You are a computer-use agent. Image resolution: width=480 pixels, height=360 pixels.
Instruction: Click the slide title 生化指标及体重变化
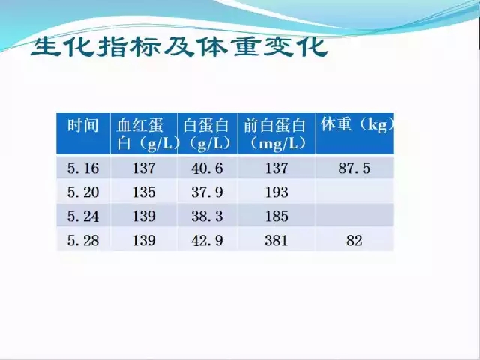click(x=179, y=47)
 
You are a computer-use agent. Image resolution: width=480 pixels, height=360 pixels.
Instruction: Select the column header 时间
click(x=83, y=125)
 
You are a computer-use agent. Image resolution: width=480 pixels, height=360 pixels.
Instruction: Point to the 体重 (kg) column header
click(x=357, y=125)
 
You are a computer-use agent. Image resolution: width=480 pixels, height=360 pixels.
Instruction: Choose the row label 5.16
click(x=83, y=169)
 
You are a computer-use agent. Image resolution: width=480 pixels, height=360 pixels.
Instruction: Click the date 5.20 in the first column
click(x=83, y=193)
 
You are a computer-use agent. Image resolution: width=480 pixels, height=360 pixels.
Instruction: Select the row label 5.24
click(x=83, y=217)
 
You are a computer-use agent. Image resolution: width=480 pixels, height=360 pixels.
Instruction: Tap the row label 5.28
click(x=83, y=240)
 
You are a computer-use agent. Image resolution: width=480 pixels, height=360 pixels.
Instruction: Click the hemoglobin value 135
click(x=144, y=193)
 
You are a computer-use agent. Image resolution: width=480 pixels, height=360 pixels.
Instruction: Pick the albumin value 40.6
click(x=207, y=169)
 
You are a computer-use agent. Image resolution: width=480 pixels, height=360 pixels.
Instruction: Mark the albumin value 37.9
click(x=207, y=193)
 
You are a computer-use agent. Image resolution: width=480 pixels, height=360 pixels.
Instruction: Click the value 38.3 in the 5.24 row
click(x=207, y=217)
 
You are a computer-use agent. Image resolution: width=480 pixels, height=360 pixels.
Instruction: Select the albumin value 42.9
click(x=207, y=240)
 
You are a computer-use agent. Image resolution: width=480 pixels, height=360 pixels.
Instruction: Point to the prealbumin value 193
click(x=277, y=193)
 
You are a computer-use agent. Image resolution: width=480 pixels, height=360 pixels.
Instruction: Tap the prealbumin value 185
click(x=277, y=217)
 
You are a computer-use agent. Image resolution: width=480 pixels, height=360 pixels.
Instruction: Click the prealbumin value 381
click(x=277, y=240)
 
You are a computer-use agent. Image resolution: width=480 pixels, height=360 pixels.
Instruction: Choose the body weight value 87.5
click(x=355, y=169)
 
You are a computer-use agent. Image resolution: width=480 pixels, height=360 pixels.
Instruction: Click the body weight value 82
click(x=355, y=240)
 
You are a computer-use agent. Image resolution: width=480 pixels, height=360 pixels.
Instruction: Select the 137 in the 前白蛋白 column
click(x=277, y=169)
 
